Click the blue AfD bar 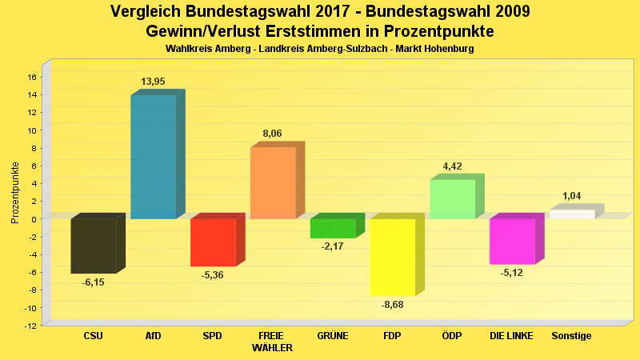click(153, 157)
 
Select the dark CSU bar click(94, 246)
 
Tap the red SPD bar click(213, 242)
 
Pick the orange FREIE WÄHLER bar click(273, 183)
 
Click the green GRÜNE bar click(333, 228)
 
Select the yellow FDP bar click(392, 257)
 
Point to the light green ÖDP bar click(452, 199)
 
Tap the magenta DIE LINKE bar click(512, 241)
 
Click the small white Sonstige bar click(572, 214)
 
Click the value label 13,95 click(153, 82)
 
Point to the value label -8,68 click(392, 306)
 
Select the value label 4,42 click(452, 166)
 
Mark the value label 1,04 click(572, 196)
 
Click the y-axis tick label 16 click(32, 77)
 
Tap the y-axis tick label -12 click(30, 326)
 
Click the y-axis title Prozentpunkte click(14, 192)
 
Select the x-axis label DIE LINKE click(512, 336)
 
